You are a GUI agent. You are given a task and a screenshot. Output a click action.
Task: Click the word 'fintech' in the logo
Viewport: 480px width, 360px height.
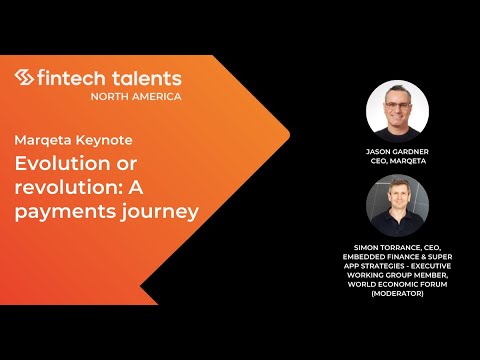pos(72,77)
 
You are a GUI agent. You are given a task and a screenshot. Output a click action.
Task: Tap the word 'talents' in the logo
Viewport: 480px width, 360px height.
pos(146,77)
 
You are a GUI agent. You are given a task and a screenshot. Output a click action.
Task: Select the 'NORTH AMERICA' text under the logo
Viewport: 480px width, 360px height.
pos(136,96)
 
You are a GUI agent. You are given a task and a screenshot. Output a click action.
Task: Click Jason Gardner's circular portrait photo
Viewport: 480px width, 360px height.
pos(397,109)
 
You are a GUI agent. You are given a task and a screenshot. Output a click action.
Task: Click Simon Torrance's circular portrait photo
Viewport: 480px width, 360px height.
pos(397,204)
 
